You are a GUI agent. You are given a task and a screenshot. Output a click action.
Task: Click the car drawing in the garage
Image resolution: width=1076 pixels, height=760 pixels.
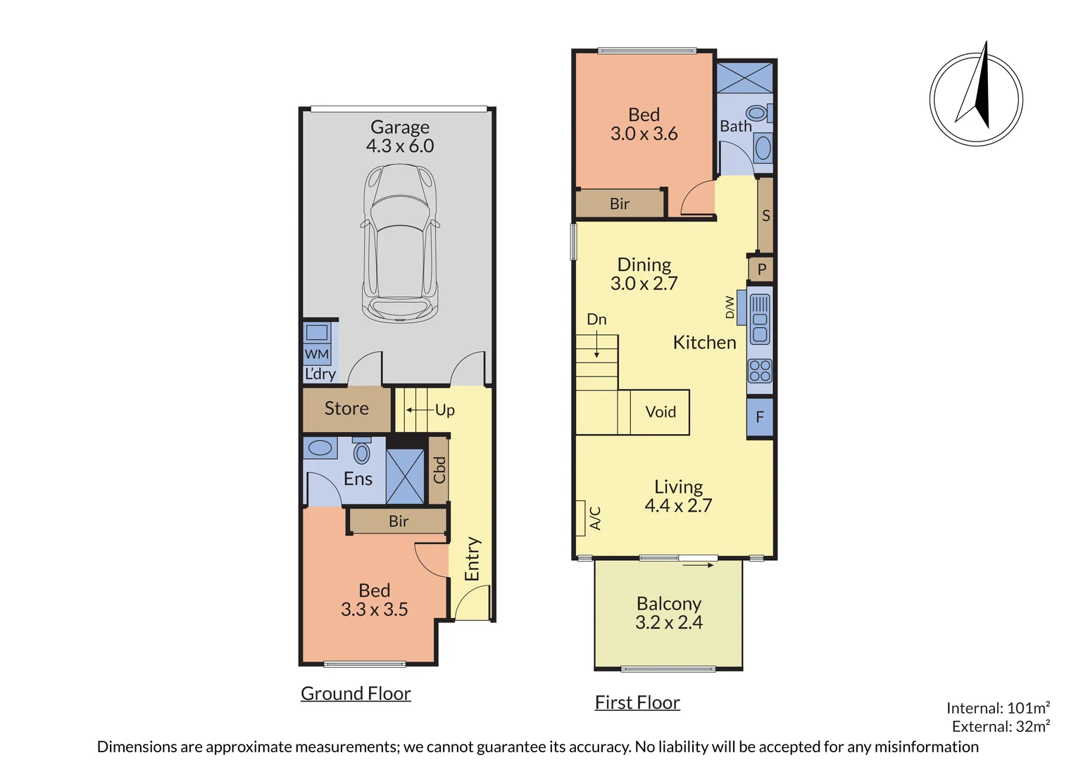(x=400, y=243)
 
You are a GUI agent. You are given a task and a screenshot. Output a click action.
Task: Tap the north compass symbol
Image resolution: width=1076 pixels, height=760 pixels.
(x=976, y=99)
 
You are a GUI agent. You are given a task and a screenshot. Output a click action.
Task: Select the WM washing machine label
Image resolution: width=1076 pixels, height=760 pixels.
(x=317, y=354)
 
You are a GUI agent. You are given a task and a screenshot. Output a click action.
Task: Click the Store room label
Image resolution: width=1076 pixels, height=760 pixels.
(x=346, y=409)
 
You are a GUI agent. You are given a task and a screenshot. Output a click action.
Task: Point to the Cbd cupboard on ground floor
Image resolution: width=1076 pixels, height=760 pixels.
(x=439, y=470)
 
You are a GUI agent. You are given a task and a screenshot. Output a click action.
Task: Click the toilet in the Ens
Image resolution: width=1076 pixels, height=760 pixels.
(x=361, y=452)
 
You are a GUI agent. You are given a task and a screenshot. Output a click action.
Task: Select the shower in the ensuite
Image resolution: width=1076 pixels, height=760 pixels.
(x=406, y=476)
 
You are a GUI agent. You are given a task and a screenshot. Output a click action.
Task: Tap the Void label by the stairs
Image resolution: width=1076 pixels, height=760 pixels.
(x=661, y=412)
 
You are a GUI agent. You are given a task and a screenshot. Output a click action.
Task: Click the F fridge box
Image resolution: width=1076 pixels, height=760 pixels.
(x=760, y=417)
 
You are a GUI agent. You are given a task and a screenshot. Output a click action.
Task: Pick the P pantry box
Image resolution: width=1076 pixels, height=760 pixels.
(x=761, y=270)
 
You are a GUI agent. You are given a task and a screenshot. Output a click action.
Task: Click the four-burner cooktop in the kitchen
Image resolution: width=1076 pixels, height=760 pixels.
(x=760, y=371)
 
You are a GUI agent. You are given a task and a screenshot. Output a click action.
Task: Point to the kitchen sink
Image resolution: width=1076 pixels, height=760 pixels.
(x=760, y=319)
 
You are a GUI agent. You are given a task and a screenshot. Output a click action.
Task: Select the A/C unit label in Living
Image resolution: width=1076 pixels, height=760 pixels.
(x=595, y=518)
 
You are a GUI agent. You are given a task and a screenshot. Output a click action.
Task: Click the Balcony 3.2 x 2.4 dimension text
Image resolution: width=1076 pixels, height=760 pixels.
(x=669, y=623)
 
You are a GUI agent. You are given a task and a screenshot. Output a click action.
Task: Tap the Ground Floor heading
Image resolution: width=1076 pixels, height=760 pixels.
(x=356, y=694)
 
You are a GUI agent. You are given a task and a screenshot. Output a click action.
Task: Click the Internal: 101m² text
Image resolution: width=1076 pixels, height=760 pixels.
(x=998, y=708)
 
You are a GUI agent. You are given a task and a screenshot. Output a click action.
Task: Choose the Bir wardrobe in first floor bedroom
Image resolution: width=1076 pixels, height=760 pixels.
(x=620, y=204)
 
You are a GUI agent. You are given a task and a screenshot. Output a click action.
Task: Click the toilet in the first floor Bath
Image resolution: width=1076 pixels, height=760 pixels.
(x=756, y=113)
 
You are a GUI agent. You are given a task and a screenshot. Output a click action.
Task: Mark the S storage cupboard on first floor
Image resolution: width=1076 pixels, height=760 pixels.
(x=765, y=216)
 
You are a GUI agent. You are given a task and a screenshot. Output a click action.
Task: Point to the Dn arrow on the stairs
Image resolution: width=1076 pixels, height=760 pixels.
(x=597, y=345)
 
